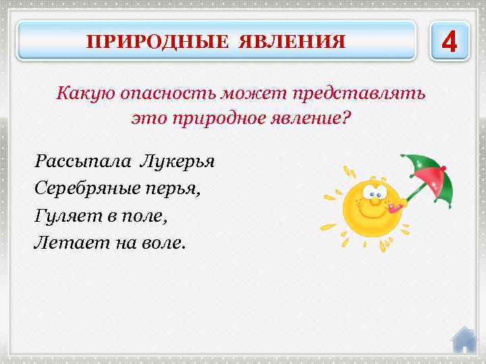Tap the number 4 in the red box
coord(449,40)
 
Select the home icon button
coord(464,339)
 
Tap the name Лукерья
coord(177,162)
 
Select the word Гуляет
coord(65,216)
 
